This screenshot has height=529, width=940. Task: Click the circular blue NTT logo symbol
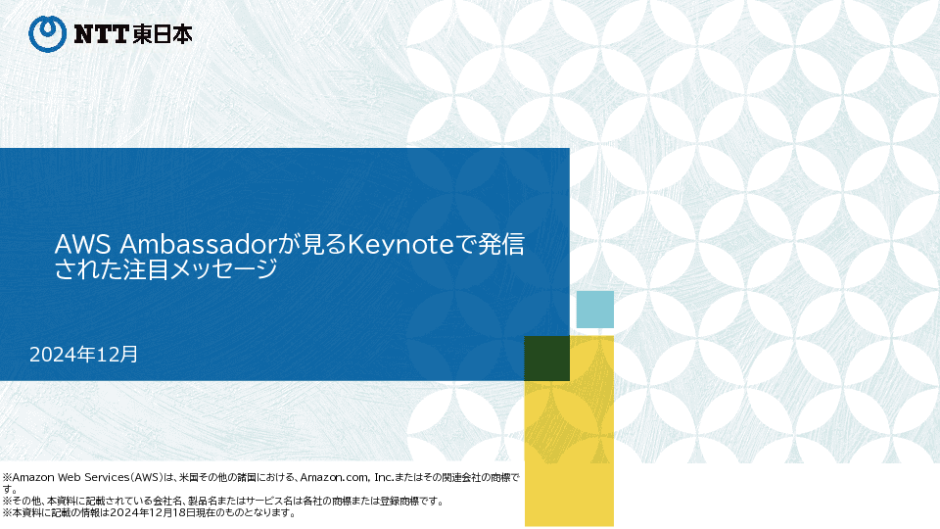tap(47, 34)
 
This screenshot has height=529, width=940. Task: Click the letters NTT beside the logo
tap(101, 34)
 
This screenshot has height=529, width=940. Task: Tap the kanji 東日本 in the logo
tap(163, 34)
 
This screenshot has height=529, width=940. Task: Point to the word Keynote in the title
tap(400, 244)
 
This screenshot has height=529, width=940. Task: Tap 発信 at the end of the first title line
tap(501, 244)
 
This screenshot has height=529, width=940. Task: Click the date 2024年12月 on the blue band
tap(83, 355)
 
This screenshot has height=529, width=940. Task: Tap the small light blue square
tap(595, 310)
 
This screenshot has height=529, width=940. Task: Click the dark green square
tap(546, 359)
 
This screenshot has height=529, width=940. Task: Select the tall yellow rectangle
tap(570, 431)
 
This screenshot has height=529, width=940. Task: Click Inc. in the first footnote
tap(384, 477)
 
